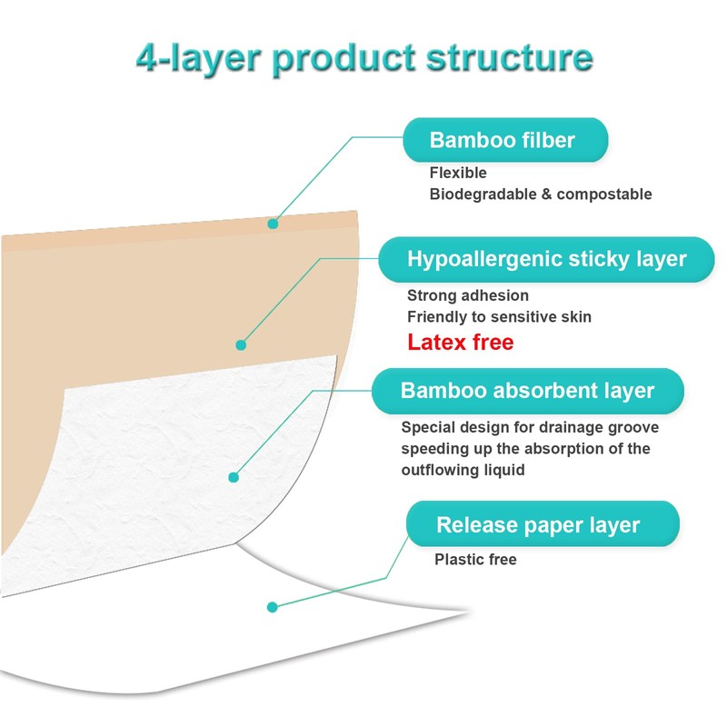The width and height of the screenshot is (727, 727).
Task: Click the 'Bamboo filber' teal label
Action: point(505,140)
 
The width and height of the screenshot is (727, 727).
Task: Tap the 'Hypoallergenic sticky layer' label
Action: point(546,259)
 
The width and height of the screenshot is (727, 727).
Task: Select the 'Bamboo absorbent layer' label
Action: point(528,391)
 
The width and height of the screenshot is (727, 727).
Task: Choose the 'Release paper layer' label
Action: point(543,524)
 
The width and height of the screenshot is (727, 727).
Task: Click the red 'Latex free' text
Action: point(461,343)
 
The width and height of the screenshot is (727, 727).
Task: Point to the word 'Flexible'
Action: point(458,173)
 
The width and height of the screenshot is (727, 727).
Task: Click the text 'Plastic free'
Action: point(475,559)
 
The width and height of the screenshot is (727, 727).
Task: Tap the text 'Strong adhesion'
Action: point(468,295)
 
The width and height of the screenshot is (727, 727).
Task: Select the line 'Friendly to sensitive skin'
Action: point(499,316)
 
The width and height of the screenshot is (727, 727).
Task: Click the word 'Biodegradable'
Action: point(483,194)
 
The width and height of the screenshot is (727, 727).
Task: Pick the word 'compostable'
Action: point(604,194)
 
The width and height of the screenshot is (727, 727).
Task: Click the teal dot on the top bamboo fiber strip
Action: point(273,224)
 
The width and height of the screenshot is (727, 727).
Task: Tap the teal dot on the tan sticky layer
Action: point(241,345)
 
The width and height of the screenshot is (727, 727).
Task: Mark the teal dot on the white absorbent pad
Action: point(234,477)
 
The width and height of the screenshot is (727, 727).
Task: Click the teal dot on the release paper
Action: point(273,607)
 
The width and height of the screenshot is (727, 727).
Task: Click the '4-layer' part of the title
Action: point(198,59)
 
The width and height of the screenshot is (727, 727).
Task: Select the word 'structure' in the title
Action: point(510,57)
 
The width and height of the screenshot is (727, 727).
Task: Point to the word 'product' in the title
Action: point(344,59)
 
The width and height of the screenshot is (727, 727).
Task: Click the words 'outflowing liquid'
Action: point(463,470)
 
